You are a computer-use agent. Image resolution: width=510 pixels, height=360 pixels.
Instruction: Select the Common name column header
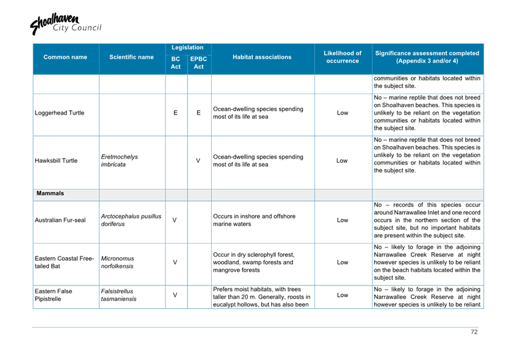coord(65,57)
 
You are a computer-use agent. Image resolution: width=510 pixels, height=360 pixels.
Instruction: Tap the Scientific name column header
coord(131,57)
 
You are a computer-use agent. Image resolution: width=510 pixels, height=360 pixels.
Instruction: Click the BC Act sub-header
coord(176,62)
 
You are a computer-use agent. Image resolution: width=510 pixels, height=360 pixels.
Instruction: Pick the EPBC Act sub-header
coord(198,62)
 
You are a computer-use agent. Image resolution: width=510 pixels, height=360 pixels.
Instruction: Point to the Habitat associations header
coord(262,57)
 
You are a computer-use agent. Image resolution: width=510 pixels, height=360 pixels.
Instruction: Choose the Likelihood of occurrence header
coord(342,57)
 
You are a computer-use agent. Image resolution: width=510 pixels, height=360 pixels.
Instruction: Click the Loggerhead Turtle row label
coord(60,113)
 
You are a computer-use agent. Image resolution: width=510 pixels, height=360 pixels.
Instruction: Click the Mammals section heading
coord(50,194)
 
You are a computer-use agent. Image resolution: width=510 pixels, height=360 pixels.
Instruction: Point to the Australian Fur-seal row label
coord(60,220)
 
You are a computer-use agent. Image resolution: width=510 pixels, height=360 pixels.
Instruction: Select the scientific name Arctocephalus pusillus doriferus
coord(131,220)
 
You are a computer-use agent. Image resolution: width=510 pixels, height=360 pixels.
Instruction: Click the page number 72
coord(474,332)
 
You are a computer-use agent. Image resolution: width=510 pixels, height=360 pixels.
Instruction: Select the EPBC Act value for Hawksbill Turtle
coord(198,161)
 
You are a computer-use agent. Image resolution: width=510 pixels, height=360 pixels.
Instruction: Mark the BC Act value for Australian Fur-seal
coord(175,220)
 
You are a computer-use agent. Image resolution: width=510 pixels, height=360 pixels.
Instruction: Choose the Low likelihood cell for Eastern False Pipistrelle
coord(342,295)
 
